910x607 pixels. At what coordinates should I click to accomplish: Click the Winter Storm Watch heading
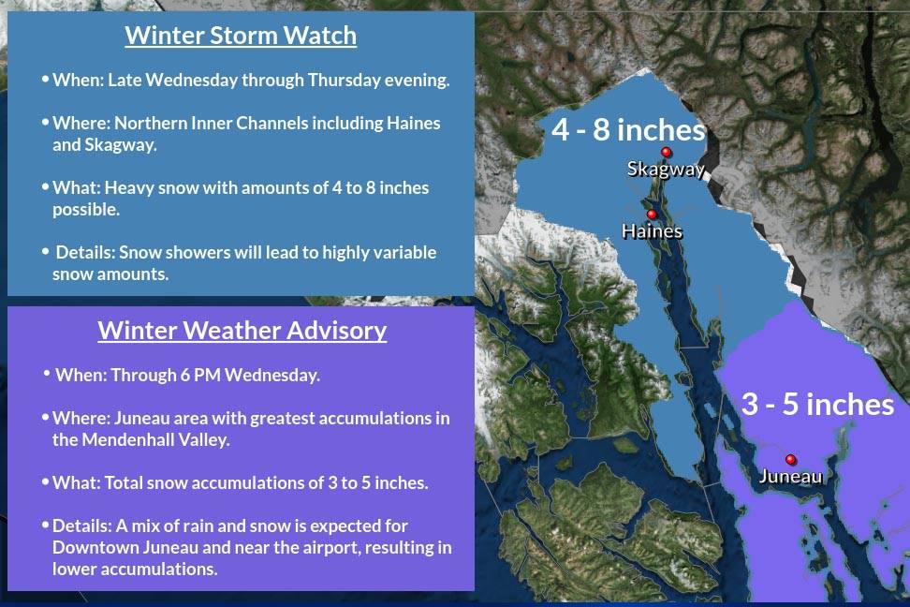tap(241, 36)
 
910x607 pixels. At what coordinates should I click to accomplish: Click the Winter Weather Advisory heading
tap(242, 331)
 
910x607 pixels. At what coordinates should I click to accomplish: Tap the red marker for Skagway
tap(667, 152)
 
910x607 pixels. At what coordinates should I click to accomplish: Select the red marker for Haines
tap(652, 215)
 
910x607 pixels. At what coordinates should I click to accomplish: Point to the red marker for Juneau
tap(790, 460)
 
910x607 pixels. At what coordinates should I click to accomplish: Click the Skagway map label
tap(666, 169)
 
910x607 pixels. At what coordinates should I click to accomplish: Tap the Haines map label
tap(652, 231)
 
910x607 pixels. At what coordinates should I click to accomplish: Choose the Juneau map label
tap(790, 477)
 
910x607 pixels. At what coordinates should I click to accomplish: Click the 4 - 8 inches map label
tap(628, 129)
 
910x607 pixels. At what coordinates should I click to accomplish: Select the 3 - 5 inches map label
tap(817, 405)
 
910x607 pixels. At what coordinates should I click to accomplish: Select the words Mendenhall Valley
tap(155, 439)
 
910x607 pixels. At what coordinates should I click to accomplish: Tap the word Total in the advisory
tap(124, 483)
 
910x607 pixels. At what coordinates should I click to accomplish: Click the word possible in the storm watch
tap(86, 210)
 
